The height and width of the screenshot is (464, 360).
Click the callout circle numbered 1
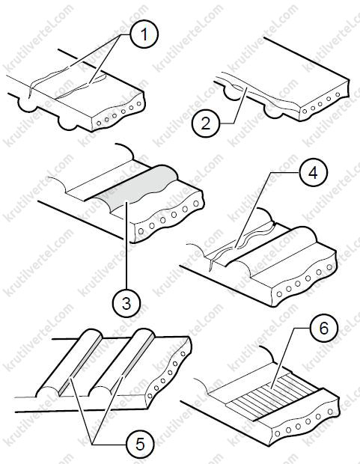point(144,34)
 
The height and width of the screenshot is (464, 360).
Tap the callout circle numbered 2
point(206,123)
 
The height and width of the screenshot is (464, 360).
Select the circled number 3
point(126,303)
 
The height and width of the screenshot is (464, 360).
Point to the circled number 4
point(314,173)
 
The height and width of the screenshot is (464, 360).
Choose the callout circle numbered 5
point(140,444)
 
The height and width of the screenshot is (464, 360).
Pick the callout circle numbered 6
point(324,329)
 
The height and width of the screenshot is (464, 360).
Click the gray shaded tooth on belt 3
point(136,188)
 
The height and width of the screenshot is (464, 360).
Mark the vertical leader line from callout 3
point(126,245)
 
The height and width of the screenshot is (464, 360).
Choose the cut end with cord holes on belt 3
point(168,216)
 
